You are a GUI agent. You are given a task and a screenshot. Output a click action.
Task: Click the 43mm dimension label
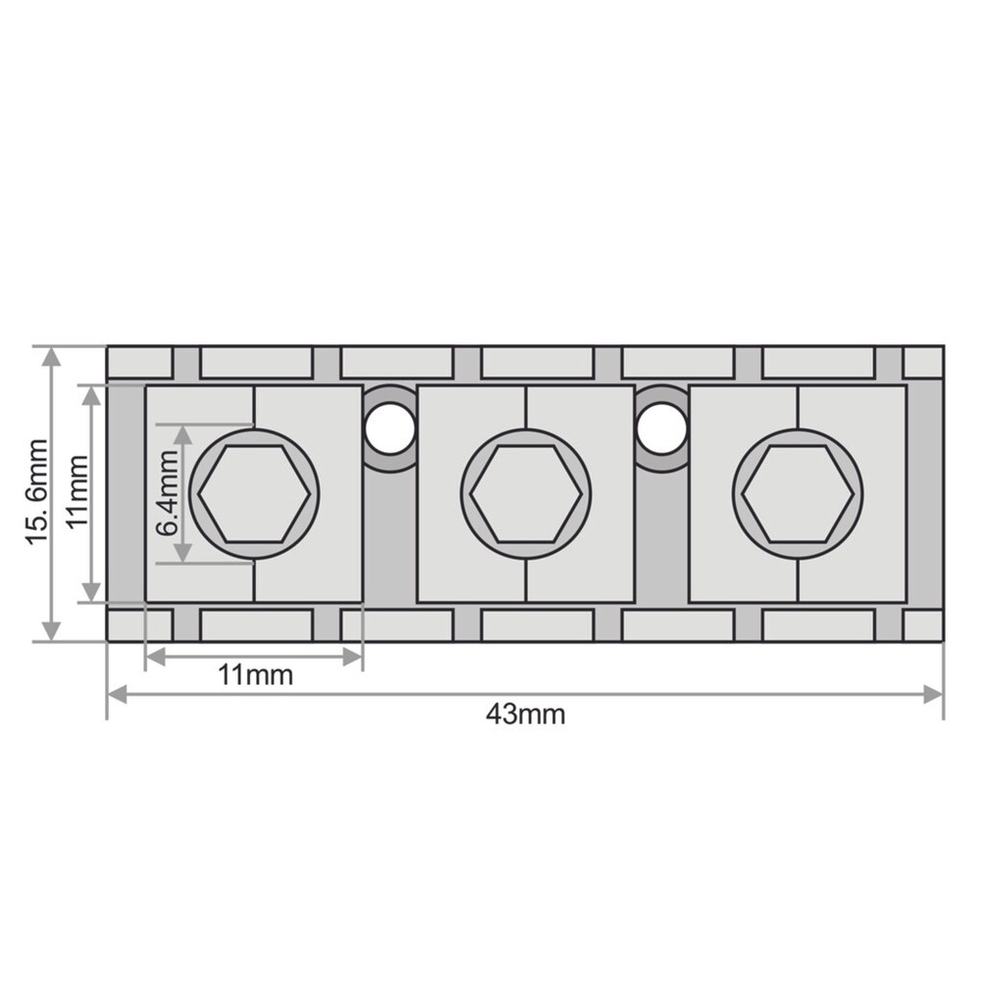(526, 714)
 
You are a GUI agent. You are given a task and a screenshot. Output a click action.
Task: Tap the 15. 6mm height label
(37, 492)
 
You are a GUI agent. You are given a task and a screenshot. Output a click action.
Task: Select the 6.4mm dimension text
(167, 493)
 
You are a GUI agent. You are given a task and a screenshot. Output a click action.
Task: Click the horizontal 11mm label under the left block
(255, 676)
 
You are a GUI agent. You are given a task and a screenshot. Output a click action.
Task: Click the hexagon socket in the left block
(255, 493)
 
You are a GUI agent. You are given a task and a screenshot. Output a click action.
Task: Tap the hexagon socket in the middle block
(527, 493)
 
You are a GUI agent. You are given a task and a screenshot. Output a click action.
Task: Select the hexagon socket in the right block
(798, 493)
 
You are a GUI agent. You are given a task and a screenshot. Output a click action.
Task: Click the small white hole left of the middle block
(390, 429)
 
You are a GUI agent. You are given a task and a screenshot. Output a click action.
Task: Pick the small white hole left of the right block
(662, 429)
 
